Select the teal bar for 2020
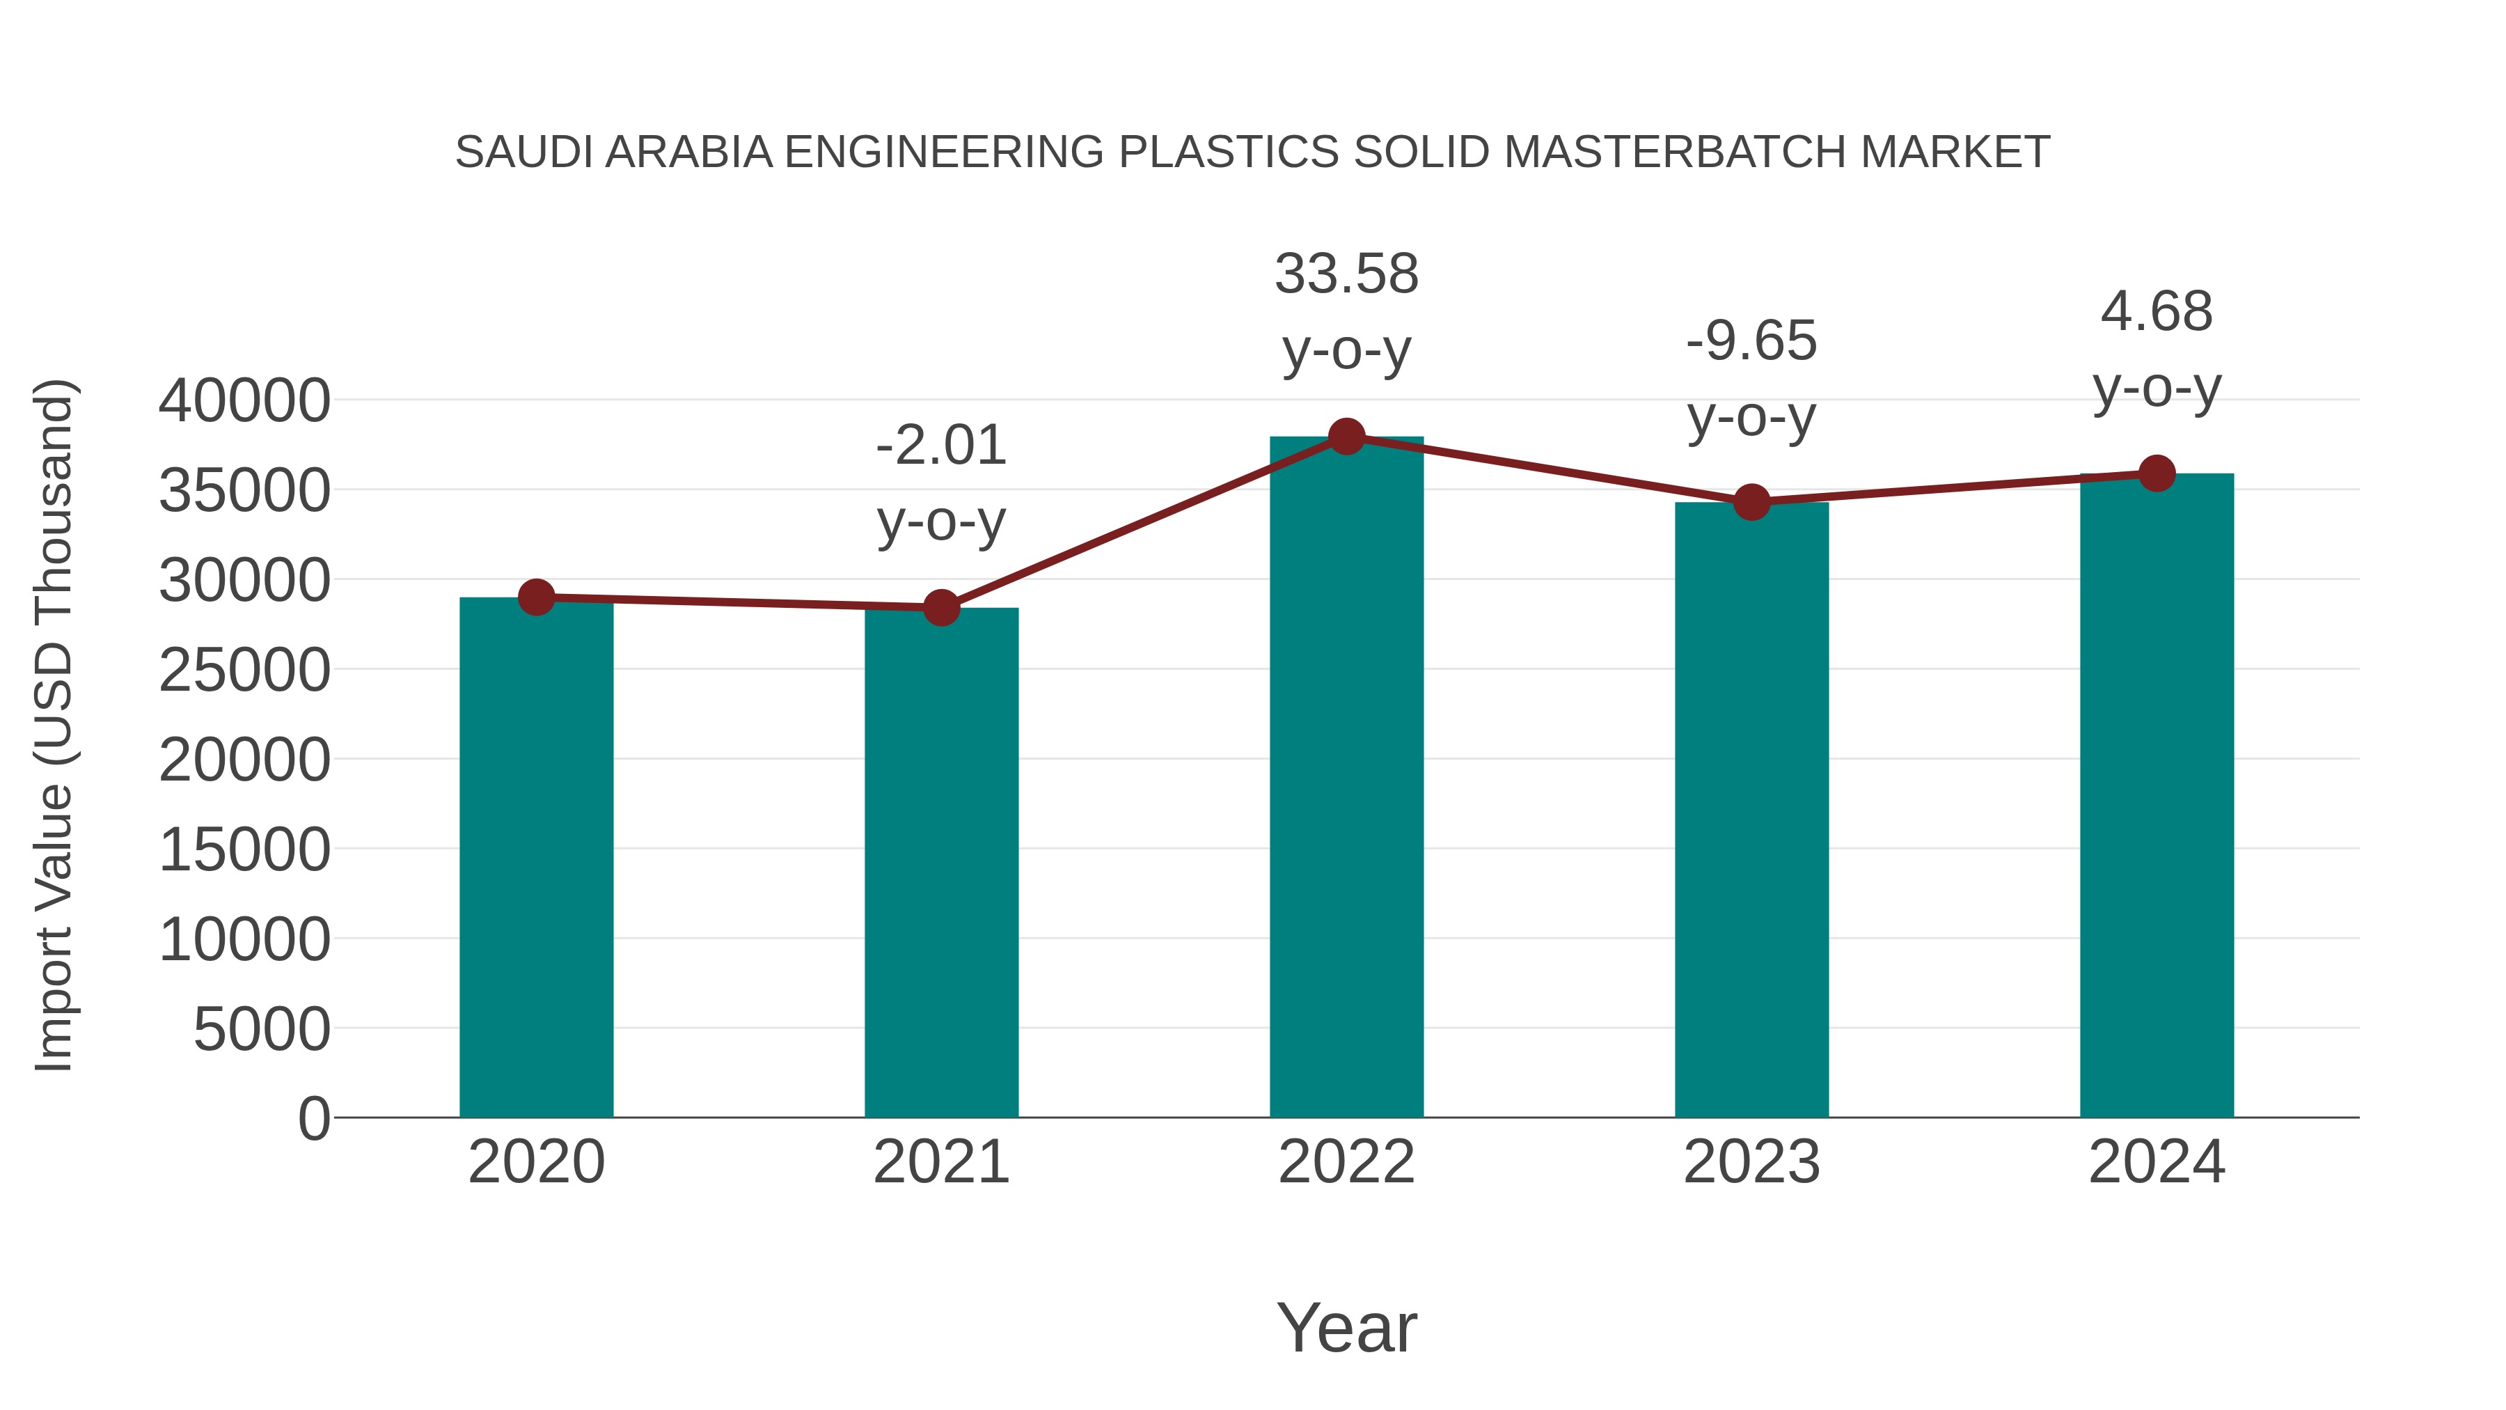pyautogui.click(x=536, y=856)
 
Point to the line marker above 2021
pyautogui.click(x=940, y=607)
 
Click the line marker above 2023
pyautogui.click(x=1751, y=502)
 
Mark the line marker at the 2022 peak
pyautogui.click(x=1346, y=437)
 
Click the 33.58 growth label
pyautogui.click(x=1346, y=274)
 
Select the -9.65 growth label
pyautogui.click(x=1751, y=342)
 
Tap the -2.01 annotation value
pyautogui.click(x=940, y=446)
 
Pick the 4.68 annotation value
pyautogui.click(x=2157, y=313)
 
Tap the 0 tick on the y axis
pyautogui.click(x=314, y=1118)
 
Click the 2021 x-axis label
pyautogui.click(x=940, y=1162)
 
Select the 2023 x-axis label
pyautogui.click(x=1751, y=1162)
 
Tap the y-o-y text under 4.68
pyautogui.click(x=2157, y=389)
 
